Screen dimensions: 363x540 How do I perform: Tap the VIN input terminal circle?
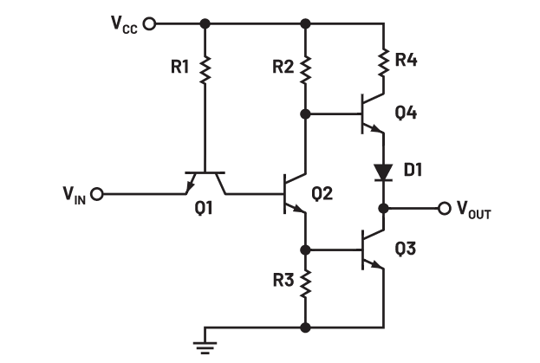pos(97,193)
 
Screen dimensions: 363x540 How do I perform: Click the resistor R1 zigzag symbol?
pos(205,70)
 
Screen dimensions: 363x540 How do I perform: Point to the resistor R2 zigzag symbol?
pos(305,70)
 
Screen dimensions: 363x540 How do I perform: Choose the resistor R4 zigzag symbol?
pos(382,62)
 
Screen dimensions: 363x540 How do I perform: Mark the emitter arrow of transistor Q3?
pos(377,264)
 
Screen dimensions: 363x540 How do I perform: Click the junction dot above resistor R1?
pos(205,23)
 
